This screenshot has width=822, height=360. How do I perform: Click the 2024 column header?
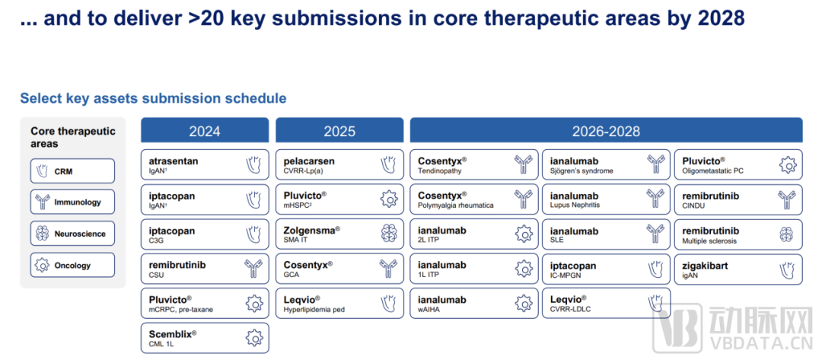tap(205, 130)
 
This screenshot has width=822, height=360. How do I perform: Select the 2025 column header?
tap(339, 130)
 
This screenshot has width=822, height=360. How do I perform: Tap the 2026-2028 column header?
tap(606, 130)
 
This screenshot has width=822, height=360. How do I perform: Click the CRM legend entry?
tap(72, 170)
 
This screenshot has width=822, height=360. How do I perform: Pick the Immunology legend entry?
tap(72, 202)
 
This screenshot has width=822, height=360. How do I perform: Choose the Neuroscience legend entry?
tap(72, 234)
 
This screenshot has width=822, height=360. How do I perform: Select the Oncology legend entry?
tap(72, 265)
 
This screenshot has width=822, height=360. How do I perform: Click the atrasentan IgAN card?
tap(205, 165)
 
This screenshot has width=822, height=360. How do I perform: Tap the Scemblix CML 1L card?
tap(205, 338)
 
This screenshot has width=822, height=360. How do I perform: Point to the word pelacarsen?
tap(309, 161)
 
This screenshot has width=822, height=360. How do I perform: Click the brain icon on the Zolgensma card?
tap(389, 234)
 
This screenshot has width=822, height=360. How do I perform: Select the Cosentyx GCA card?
tap(339, 269)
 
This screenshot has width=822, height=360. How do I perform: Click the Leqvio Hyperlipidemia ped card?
tap(339, 304)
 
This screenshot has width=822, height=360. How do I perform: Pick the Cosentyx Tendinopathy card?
tap(474, 165)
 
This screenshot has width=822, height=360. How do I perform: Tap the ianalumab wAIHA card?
tap(474, 304)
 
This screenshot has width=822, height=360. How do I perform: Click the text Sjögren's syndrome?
tap(581, 170)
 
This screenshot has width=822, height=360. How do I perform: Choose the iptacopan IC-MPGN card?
tap(606, 269)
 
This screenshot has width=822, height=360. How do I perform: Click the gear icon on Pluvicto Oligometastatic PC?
tap(788, 165)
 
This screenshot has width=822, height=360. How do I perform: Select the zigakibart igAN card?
tap(738, 269)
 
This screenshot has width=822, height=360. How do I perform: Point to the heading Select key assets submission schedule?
tap(153, 98)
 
